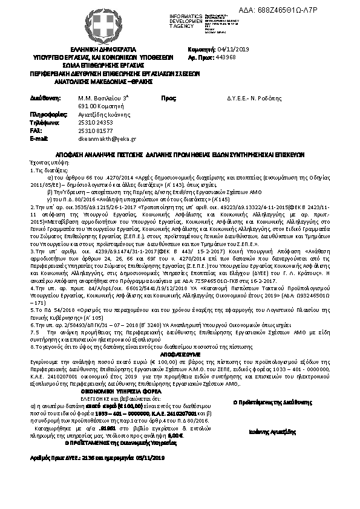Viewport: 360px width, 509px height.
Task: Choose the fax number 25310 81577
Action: [96, 130]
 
